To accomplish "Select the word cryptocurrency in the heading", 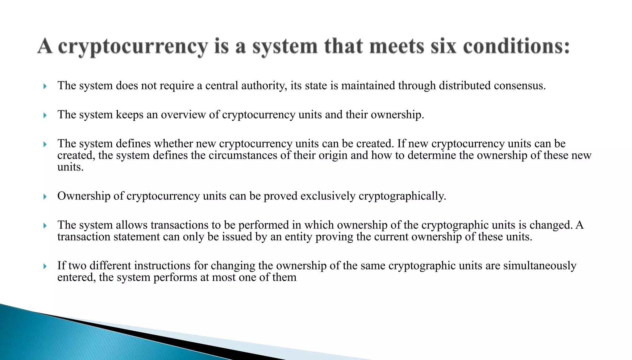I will tap(133, 47).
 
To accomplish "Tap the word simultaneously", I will tap(540, 266).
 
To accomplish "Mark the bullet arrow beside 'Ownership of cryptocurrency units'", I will tap(45, 197).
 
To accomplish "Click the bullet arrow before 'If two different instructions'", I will tap(45, 266).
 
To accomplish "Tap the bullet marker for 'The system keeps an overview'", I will tap(45, 115).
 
